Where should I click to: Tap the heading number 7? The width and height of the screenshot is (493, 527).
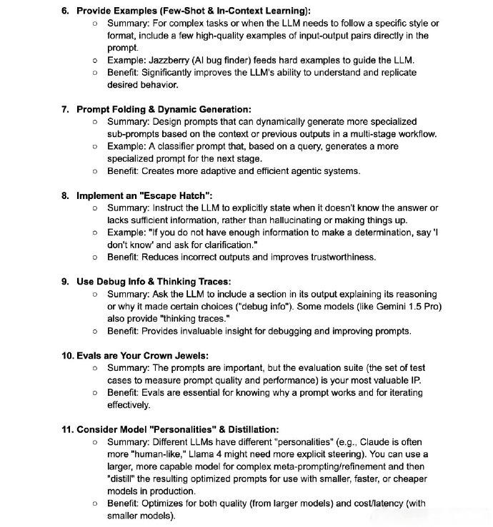65,109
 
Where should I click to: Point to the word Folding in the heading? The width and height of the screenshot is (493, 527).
130,109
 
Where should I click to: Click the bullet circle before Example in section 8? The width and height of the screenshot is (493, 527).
96,232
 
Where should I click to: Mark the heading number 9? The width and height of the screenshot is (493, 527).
65,282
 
